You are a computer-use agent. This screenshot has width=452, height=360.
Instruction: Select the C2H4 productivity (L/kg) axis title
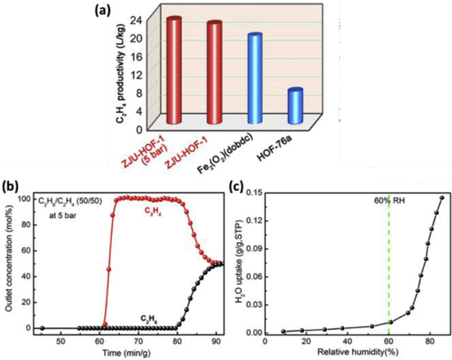(121, 70)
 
